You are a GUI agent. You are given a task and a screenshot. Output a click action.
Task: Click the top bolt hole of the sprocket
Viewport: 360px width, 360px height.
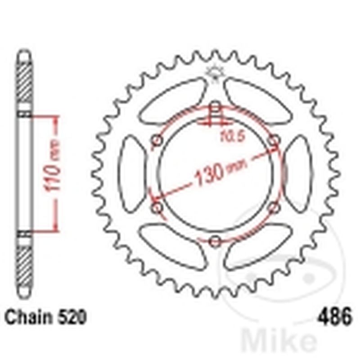point(216,107)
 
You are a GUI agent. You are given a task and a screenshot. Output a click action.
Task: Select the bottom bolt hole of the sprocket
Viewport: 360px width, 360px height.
point(216,241)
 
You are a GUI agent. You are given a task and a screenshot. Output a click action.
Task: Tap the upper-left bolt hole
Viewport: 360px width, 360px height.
point(157,141)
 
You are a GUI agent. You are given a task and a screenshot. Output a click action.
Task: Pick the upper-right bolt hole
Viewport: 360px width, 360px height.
point(274,141)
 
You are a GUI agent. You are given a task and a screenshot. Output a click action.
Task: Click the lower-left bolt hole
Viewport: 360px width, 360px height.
point(157,208)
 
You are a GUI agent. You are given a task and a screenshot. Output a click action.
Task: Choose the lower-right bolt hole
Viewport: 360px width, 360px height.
point(274,208)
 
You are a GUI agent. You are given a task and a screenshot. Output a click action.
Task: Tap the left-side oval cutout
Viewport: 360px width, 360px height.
point(131,174)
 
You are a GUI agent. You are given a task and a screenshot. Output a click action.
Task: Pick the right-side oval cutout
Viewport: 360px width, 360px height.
point(299,174)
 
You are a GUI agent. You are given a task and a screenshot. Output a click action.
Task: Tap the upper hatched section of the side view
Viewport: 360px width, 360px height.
point(25,83)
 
